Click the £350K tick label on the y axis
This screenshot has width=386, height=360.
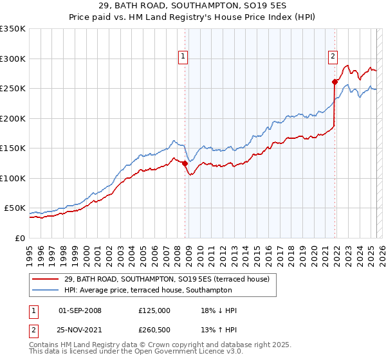[13, 29]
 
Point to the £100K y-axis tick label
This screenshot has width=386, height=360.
[13, 178]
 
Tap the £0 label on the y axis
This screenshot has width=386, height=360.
[19, 238]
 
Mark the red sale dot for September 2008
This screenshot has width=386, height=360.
[185, 163]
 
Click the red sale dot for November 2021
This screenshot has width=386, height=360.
[335, 82]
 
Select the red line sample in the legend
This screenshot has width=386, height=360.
[46, 279]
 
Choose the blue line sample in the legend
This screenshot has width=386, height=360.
[46, 291]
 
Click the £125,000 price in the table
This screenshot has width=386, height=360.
[154, 310]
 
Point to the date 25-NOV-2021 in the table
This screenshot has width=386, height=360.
[80, 330]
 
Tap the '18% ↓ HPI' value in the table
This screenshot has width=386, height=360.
[219, 310]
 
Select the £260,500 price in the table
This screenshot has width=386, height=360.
[154, 330]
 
